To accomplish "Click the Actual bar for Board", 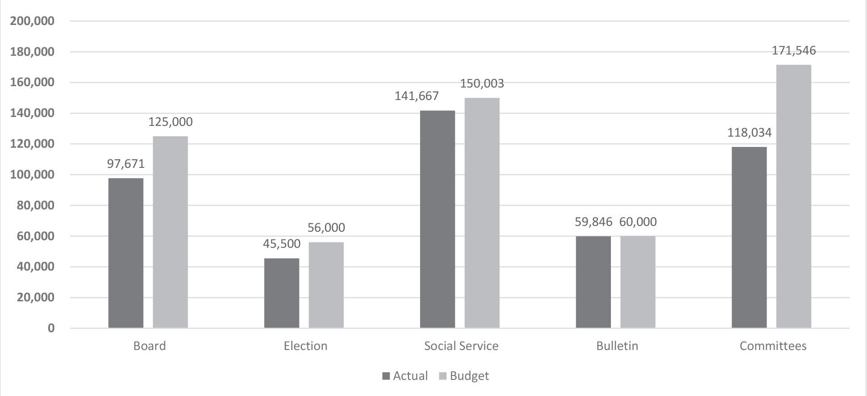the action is pyautogui.click(x=126, y=253).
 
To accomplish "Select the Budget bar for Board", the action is pyautogui.click(x=170, y=232).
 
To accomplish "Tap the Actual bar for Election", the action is pyautogui.click(x=282, y=293).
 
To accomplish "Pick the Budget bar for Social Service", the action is pyautogui.click(x=482, y=213).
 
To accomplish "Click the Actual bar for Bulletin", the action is pyautogui.click(x=593, y=282).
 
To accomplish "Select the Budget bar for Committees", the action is pyautogui.click(x=793, y=196).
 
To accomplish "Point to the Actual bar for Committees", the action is pyautogui.click(x=749, y=238).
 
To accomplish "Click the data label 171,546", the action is pyautogui.click(x=794, y=51).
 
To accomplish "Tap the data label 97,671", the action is pyautogui.click(x=126, y=164).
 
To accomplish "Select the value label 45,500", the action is pyautogui.click(x=282, y=244).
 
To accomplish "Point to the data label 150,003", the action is pyautogui.click(x=482, y=84).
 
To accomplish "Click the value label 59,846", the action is pyautogui.click(x=593, y=222).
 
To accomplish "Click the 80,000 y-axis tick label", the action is pyautogui.click(x=35, y=206).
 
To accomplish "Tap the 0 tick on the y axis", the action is pyautogui.click(x=51, y=328).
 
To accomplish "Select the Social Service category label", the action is pyautogui.click(x=461, y=346).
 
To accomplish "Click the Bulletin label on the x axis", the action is pyautogui.click(x=617, y=346).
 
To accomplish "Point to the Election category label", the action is pyautogui.click(x=306, y=346).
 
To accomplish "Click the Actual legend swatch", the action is pyautogui.click(x=386, y=376).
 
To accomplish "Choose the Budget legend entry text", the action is pyautogui.click(x=469, y=376).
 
